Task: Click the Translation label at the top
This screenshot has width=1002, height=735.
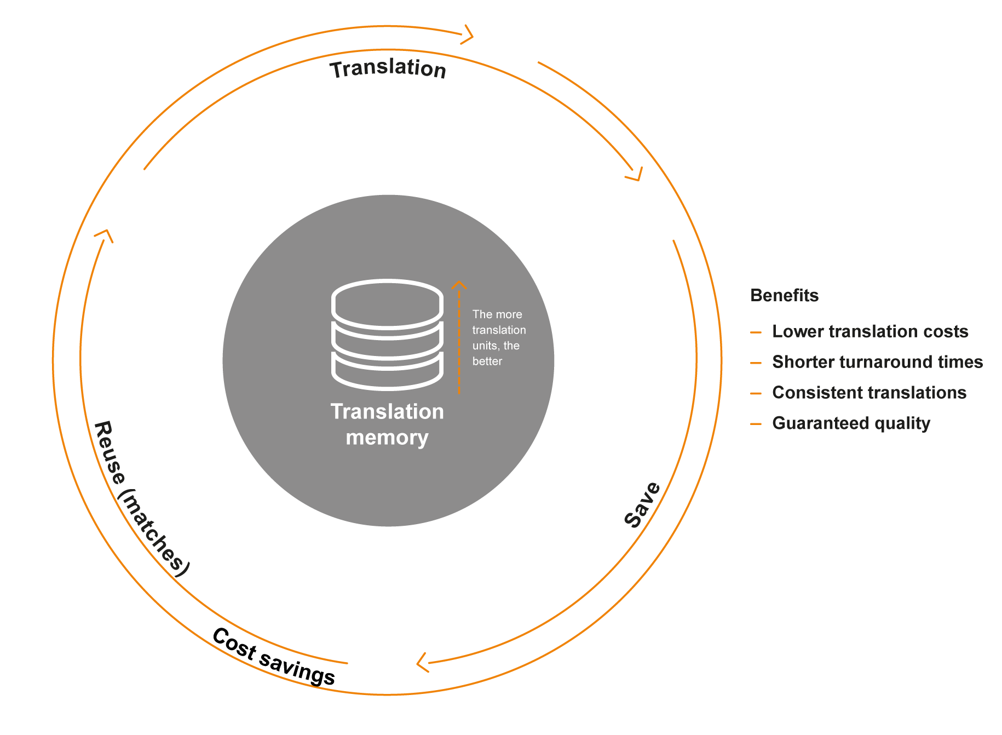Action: pos(388,69)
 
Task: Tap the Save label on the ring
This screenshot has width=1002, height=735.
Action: pos(643,505)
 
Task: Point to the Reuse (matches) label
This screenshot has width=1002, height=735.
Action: pos(141,498)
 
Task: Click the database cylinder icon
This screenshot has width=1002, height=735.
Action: pos(387,335)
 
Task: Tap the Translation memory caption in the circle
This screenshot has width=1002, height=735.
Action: pos(387,424)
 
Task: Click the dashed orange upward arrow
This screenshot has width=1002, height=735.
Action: pos(459,337)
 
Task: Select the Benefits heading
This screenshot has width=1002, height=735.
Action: pos(784,295)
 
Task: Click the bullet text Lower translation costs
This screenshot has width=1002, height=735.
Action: pos(870,331)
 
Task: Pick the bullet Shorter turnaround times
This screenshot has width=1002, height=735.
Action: pos(877,362)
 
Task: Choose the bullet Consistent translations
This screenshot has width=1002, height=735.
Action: pos(869,393)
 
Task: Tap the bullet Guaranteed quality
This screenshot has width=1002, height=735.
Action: pos(851,423)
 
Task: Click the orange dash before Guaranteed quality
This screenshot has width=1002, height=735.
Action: pos(756,424)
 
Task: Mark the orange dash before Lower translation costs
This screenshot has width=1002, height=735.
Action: pos(756,332)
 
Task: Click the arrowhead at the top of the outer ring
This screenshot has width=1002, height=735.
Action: pos(467,35)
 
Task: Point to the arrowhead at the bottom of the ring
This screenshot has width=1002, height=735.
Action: pos(422,662)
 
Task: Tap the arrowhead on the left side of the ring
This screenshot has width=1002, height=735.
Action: pos(104,236)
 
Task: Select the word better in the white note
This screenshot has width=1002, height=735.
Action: pos(487,361)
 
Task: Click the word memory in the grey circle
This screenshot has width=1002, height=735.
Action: pos(387,438)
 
